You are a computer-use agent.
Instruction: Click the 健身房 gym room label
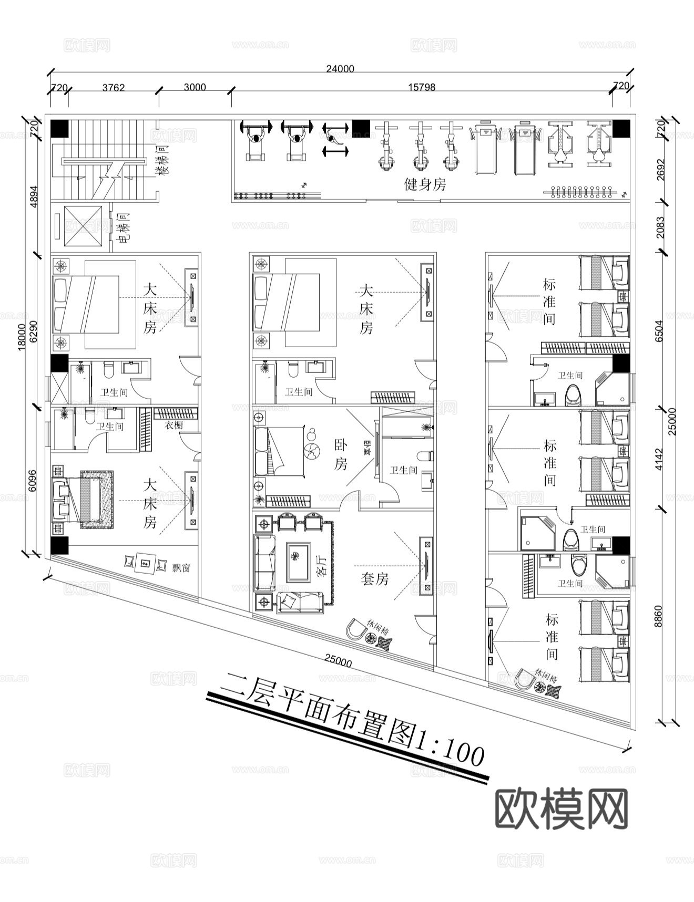[425, 184]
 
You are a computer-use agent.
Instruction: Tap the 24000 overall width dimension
[340, 69]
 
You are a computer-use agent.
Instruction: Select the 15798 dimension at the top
[422, 87]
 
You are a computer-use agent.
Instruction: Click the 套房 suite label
[375, 579]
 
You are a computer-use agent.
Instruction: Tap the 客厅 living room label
[322, 564]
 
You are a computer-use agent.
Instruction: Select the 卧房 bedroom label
[341, 454]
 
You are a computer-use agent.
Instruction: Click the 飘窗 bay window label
[181, 568]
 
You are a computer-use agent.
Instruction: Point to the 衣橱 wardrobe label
[173, 426]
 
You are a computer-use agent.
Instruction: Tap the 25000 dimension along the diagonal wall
[338, 662]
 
